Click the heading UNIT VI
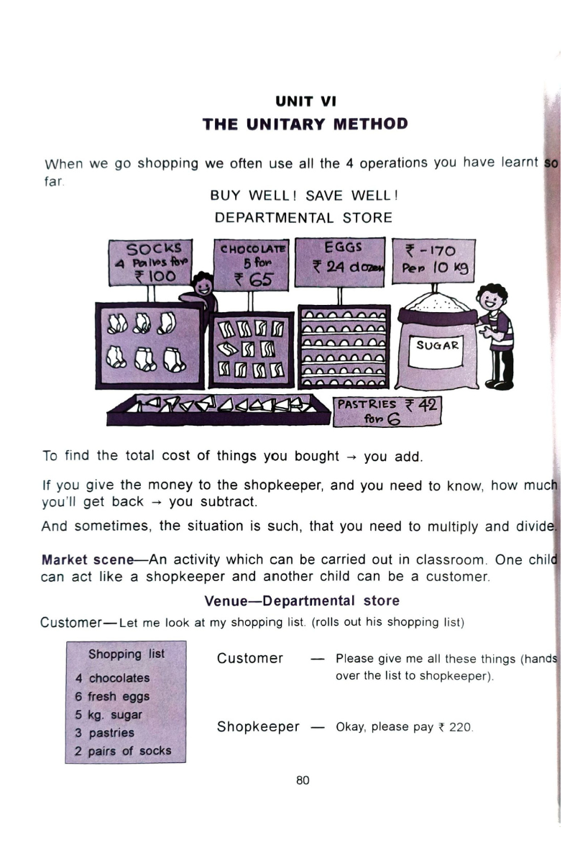click(x=304, y=99)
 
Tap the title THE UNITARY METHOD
click(x=304, y=124)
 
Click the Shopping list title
click(x=126, y=654)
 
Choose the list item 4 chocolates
click(x=112, y=677)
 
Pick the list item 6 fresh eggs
click(x=112, y=696)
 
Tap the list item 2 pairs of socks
click(x=123, y=751)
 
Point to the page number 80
click(x=302, y=781)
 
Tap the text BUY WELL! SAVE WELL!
click(x=304, y=195)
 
